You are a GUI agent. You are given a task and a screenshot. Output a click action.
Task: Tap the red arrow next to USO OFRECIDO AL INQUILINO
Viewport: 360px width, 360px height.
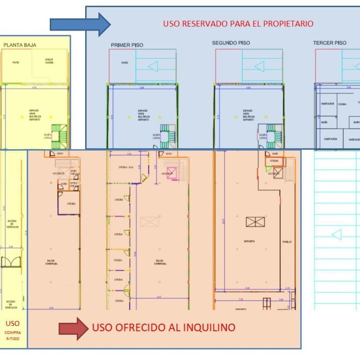tap(73, 328)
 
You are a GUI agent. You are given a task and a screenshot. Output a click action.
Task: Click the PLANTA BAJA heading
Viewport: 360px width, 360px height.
tap(20, 44)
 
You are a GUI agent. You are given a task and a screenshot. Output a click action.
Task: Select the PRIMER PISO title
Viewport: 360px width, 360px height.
tap(127, 45)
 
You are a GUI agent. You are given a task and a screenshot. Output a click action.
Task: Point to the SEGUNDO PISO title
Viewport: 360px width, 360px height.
tap(231, 43)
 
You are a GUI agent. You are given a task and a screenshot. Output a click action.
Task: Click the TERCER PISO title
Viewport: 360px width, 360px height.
tap(330, 43)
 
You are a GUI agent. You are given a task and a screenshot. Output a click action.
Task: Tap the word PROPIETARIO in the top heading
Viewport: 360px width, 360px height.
tap(289, 24)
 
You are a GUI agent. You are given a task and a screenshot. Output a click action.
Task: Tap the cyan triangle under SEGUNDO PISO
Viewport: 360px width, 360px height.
tap(259, 67)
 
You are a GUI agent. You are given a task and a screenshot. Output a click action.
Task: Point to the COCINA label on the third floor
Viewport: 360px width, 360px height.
tap(342, 104)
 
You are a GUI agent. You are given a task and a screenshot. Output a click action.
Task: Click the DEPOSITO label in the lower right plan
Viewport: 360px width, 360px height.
tap(249, 241)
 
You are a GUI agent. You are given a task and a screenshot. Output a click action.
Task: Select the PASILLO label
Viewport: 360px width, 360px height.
tap(287, 242)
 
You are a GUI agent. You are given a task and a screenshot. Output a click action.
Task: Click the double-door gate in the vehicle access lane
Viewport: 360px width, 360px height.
tap(11, 262)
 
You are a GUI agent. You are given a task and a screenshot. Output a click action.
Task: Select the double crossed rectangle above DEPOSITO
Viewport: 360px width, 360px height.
tap(255, 222)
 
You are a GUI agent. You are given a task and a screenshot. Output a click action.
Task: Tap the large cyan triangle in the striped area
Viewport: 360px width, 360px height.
tap(337, 235)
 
